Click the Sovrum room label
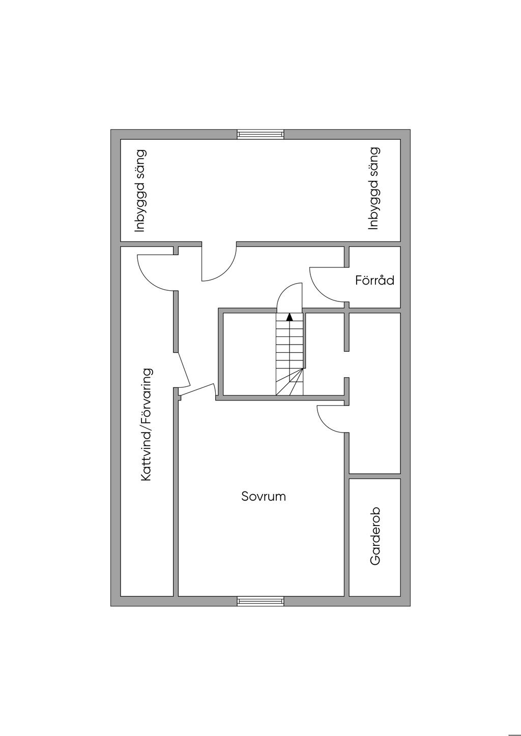(x=264, y=497)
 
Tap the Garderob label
(x=375, y=536)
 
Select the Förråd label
(x=374, y=280)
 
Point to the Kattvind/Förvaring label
(x=147, y=425)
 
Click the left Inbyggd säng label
(x=140, y=191)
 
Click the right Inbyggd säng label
(x=374, y=189)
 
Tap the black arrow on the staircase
(x=290, y=317)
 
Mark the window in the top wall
(x=260, y=135)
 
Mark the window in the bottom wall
(x=260, y=601)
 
